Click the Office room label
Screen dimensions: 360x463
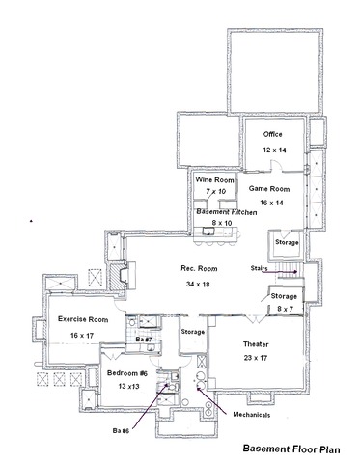[273, 134]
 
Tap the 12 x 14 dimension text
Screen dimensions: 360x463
[274, 150]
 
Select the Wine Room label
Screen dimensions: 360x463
[214, 180]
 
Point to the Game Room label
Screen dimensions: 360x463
[269, 189]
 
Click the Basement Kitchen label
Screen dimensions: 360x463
[227, 212]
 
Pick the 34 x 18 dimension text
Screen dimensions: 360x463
[198, 284]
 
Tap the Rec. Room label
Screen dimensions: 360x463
[199, 268]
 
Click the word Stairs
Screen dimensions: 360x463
[259, 268]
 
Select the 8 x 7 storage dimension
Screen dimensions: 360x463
[285, 309]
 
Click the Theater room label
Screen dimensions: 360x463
[256, 344]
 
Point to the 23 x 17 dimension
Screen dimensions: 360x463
[256, 358]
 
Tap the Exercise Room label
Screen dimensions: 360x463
[83, 319]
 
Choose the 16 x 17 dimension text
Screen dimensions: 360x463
[82, 336]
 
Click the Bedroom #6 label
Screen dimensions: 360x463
[127, 373]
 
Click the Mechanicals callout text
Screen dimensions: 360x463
[252, 415]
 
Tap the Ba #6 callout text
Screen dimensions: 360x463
[122, 431]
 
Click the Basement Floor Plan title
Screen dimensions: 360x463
[291, 449]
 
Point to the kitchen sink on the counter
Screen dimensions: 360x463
[208, 231]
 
